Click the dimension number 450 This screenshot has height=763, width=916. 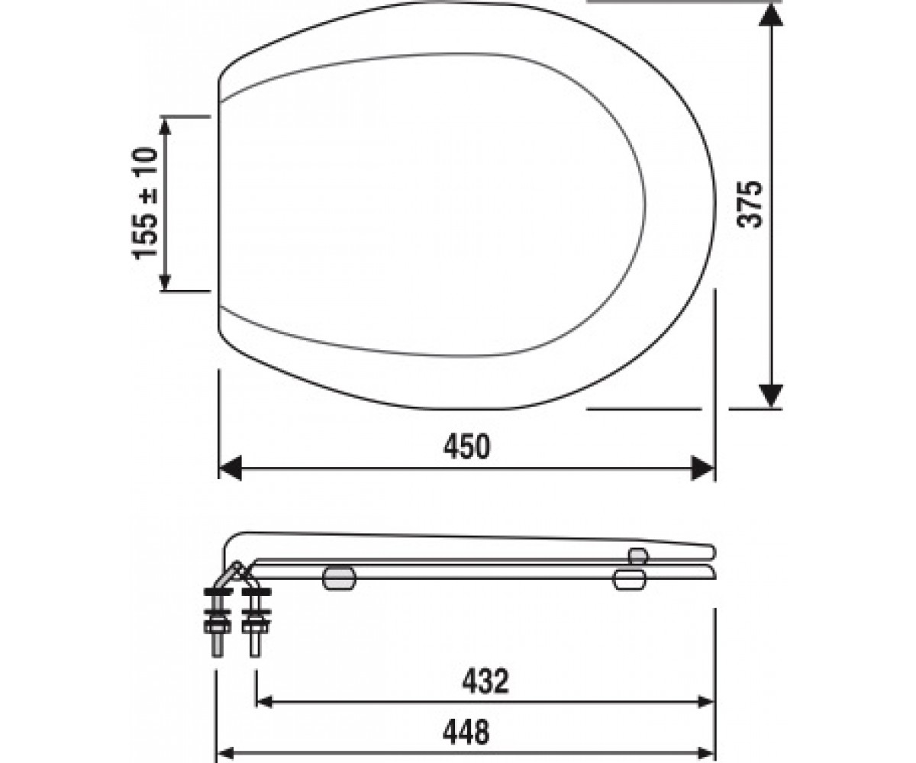click(466, 446)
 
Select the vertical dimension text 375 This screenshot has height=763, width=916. click(750, 204)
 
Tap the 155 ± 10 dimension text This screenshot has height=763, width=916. click(144, 204)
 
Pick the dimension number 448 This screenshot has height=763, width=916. click(466, 732)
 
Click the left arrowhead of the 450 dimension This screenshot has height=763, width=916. click(230, 468)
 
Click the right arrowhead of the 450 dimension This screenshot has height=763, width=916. click(703, 468)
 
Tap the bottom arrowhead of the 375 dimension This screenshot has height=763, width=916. click(771, 395)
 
